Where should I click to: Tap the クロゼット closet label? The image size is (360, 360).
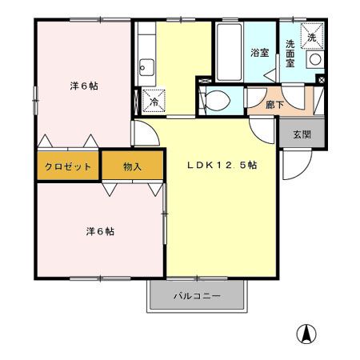[67, 166]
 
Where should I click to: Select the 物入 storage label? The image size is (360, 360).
[133, 166]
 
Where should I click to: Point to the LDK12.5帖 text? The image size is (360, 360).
[222, 166]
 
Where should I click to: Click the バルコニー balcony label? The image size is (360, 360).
[197, 297]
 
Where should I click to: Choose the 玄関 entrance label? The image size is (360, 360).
[302, 134]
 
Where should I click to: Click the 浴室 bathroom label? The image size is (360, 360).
[258, 53]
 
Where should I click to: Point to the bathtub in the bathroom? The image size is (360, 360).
[228, 51]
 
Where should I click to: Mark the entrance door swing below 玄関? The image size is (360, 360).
[293, 166]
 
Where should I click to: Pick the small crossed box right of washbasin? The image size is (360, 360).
[321, 79]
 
